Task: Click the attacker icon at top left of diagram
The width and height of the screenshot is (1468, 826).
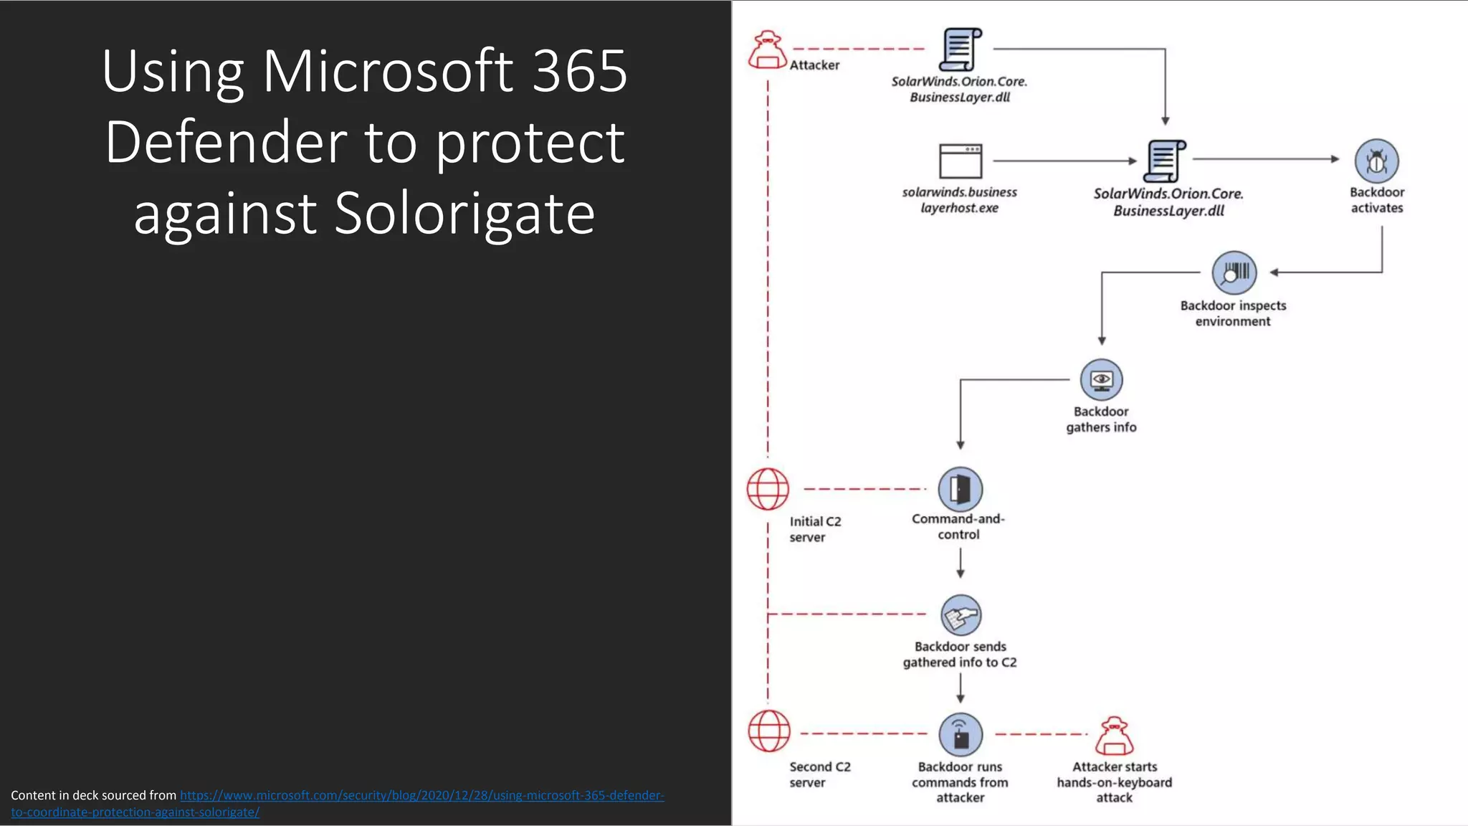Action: tap(768, 49)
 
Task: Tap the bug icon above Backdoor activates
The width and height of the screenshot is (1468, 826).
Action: tap(1376, 161)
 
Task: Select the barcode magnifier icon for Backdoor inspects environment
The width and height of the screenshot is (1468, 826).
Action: tap(1234, 272)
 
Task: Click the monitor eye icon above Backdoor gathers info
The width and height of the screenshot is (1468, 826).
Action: tap(1101, 379)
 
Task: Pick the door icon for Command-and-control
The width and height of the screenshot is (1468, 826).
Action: tap(960, 489)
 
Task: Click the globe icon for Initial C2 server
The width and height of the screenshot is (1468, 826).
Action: tap(768, 489)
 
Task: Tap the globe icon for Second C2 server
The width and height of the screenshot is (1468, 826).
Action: tap(769, 731)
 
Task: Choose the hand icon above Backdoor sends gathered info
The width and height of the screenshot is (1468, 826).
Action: tap(961, 615)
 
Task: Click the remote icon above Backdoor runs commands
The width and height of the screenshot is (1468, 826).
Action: tap(961, 734)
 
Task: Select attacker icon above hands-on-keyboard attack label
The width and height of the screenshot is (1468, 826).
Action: tap(1115, 736)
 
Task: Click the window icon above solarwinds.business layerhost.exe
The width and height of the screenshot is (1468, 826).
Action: tap(961, 161)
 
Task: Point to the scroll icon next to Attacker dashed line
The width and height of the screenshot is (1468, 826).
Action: tap(961, 49)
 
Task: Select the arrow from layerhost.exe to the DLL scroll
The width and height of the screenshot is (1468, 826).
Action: tap(1064, 161)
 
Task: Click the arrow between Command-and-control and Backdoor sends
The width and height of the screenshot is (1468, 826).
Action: tap(961, 563)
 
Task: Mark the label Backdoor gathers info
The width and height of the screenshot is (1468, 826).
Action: tap(1101, 419)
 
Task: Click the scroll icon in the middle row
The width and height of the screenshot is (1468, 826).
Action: tap(1165, 161)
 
